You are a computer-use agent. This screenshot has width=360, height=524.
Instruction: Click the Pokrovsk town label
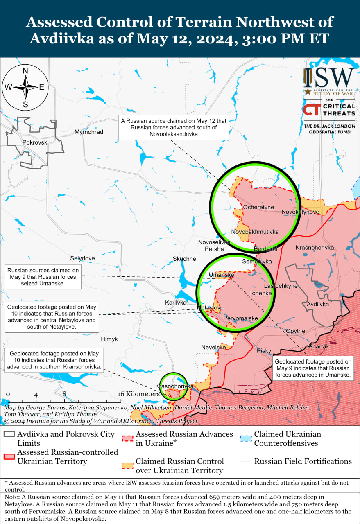pyautogui.click(x=35, y=142)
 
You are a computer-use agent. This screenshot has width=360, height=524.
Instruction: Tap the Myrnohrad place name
pyautogui.click(x=89, y=132)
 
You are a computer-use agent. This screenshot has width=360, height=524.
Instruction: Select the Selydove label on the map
pyautogui.click(x=82, y=258)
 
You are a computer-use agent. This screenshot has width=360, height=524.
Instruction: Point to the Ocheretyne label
pyautogui.click(x=258, y=207)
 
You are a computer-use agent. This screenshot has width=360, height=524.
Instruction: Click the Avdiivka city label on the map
pyautogui.click(x=318, y=304)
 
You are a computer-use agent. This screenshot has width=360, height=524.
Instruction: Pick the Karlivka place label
pyautogui.click(x=175, y=303)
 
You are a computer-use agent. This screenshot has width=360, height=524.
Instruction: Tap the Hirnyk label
pyautogui.click(x=109, y=339)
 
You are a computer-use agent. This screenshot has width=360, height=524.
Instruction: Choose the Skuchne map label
pyautogui.click(x=184, y=259)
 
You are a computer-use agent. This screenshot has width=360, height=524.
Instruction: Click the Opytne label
pyautogui.click(x=295, y=331)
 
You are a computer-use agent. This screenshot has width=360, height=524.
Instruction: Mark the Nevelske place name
pyautogui.click(x=213, y=347)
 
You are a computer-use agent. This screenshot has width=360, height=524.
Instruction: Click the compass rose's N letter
pyautogui.click(x=25, y=70)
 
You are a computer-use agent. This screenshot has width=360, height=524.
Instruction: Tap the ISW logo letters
pyautogui.click(x=329, y=78)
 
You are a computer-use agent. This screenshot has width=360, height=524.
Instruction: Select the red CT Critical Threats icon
pyautogui.click(x=311, y=110)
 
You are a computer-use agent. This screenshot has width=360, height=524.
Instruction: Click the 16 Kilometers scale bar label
pyautogui.click(x=138, y=394)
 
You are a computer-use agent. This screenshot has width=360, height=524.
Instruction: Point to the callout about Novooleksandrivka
pyautogui.click(x=174, y=127)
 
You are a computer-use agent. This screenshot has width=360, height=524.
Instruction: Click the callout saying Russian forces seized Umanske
pyautogui.click(x=43, y=277)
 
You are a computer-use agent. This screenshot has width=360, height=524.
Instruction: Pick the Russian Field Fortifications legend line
pyautogui.click(x=246, y=461)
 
